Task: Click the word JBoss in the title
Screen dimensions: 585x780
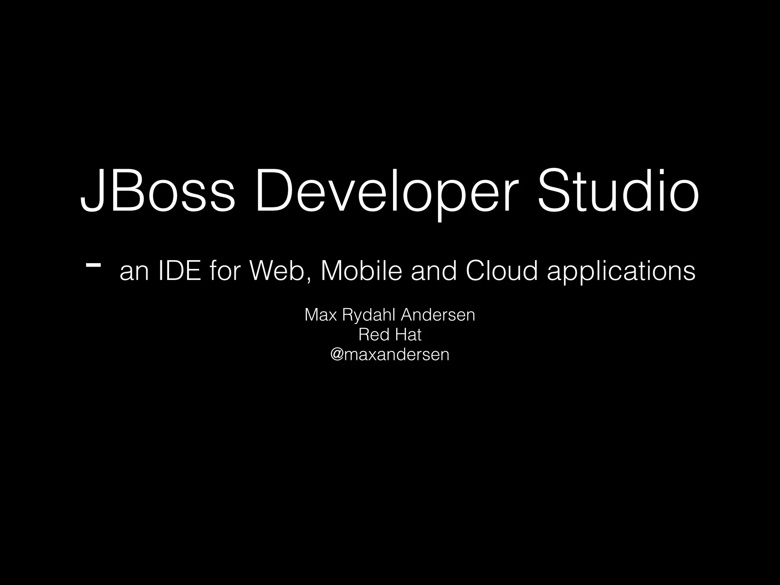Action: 157,190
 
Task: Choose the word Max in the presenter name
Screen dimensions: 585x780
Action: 321,315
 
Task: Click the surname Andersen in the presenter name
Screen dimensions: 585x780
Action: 438,315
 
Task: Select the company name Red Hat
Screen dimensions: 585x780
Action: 390,335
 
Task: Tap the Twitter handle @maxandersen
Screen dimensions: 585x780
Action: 390,355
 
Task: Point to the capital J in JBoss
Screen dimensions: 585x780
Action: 91,190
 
